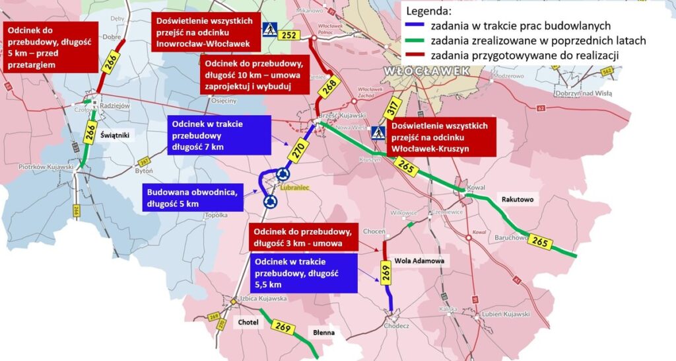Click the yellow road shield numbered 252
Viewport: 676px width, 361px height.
[x=289, y=36]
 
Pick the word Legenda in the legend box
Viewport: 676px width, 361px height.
[x=430, y=11]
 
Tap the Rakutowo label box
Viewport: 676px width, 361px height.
[x=517, y=199]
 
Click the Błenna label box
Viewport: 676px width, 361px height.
[x=323, y=333]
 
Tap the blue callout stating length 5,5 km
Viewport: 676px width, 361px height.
[x=304, y=273]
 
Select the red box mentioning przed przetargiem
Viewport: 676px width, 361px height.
[x=50, y=47]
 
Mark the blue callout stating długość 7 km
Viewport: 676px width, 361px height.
[x=218, y=135]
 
